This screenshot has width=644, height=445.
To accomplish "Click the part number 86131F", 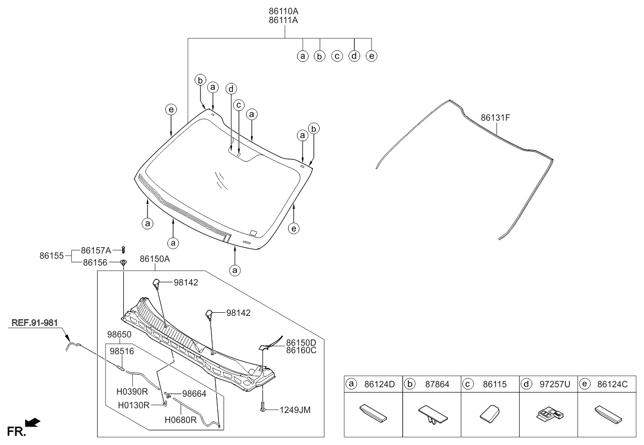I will (x=495, y=118).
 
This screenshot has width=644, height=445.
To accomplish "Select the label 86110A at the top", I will (x=284, y=10).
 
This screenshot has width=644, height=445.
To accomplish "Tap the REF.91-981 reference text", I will (x=33, y=322).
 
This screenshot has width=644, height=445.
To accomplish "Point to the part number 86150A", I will (x=155, y=259).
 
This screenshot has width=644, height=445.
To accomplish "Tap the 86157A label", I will (x=96, y=250).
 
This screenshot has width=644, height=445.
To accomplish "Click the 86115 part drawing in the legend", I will (x=489, y=414).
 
